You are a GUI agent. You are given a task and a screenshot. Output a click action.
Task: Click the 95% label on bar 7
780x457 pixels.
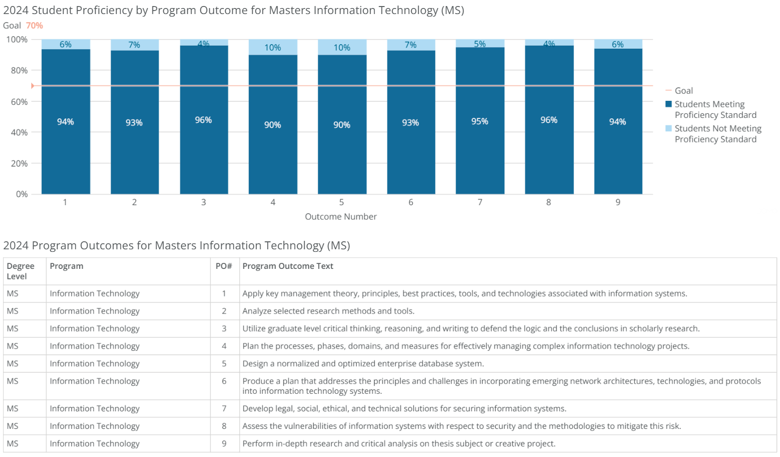click(x=479, y=121)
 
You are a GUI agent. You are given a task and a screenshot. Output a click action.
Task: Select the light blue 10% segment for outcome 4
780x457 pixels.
click(x=273, y=47)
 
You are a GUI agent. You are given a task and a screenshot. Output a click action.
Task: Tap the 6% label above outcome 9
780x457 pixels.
click(x=618, y=45)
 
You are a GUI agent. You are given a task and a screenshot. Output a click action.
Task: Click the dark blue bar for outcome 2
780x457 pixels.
click(x=134, y=150)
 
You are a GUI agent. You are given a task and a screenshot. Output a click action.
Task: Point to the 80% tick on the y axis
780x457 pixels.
click(x=20, y=71)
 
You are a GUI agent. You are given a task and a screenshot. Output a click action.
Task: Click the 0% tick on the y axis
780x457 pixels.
click(x=22, y=194)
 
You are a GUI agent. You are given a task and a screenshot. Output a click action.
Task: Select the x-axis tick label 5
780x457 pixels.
click(x=341, y=202)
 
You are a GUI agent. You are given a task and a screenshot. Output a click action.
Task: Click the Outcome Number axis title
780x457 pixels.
click(x=340, y=217)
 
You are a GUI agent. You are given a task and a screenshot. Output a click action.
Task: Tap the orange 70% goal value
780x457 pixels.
click(x=34, y=26)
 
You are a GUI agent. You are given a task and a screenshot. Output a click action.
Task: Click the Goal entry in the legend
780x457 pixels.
click(x=683, y=91)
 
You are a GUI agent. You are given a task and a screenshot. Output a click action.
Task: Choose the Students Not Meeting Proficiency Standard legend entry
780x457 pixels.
click(x=717, y=134)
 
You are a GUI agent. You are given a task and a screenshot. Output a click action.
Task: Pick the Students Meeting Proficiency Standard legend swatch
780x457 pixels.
click(x=668, y=104)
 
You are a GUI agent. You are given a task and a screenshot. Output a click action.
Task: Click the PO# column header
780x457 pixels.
click(x=224, y=266)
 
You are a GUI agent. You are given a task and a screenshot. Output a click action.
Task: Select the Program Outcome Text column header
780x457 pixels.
click(x=288, y=266)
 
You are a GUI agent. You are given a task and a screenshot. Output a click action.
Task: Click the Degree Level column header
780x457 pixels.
click(x=21, y=271)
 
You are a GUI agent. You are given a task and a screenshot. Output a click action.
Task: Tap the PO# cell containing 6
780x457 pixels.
click(x=224, y=381)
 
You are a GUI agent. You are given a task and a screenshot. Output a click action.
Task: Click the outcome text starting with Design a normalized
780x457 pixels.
click(x=363, y=364)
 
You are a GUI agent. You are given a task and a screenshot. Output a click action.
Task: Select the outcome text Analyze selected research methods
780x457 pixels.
click(x=328, y=311)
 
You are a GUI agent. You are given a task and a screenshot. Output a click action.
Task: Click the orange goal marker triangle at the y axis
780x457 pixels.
click(x=33, y=86)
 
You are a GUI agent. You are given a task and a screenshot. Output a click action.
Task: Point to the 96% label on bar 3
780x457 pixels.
click(x=203, y=120)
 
